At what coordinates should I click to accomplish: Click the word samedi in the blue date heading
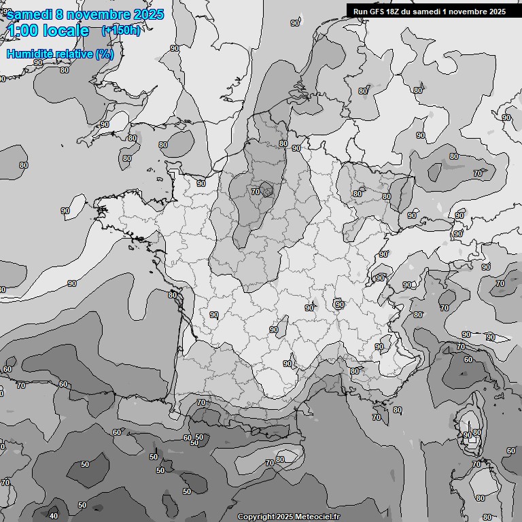(28, 15)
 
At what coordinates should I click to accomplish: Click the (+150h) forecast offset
(120, 31)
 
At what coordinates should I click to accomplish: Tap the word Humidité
(31, 54)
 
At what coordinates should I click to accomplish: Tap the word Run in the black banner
(360, 11)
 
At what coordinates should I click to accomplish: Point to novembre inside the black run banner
(466, 11)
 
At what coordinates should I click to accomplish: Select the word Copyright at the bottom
(256, 517)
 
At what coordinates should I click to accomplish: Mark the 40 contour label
(54, 516)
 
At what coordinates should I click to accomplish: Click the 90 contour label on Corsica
(467, 435)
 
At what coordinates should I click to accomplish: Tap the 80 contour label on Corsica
(477, 432)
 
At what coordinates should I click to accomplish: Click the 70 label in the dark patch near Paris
(256, 192)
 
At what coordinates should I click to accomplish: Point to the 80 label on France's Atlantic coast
(173, 295)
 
